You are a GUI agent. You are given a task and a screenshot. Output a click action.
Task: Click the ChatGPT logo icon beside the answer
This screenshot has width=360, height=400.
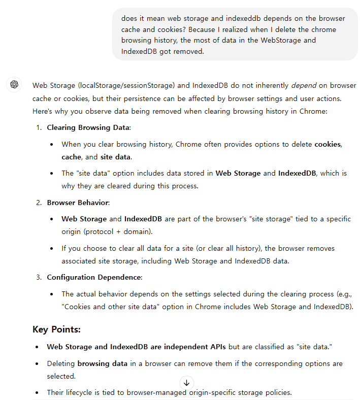(14, 85)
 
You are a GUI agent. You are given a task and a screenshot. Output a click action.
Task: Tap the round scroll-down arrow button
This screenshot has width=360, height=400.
(186, 383)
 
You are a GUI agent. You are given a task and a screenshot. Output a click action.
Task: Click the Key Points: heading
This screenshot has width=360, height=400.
(56, 329)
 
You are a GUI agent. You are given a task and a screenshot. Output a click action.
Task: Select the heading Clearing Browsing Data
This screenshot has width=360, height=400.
(89, 127)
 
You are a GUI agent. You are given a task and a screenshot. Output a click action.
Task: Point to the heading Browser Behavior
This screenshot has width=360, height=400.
(78, 203)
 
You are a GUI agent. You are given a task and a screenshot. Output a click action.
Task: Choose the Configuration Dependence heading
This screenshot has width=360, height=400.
(94, 277)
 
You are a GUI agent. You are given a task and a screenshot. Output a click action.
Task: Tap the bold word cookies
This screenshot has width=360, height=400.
(328, 144)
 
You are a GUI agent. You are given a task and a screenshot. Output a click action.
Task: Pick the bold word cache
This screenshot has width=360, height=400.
(72, 157)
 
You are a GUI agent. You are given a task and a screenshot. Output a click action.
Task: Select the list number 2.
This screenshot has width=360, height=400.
(39, 203)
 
